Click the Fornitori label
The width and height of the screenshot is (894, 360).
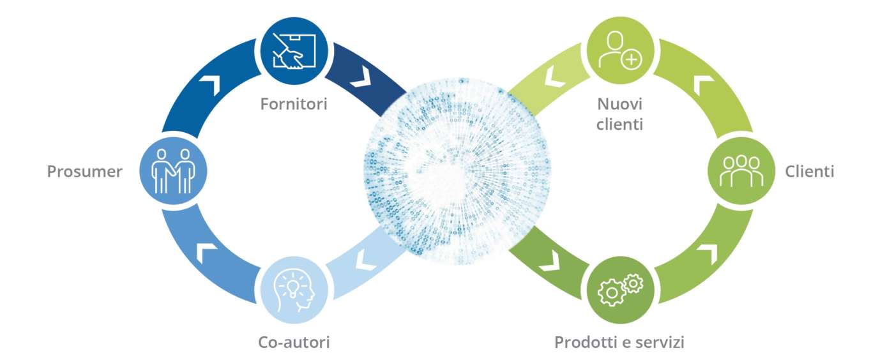[x=294, y=104]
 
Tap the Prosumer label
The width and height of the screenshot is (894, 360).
[x=84, y=172]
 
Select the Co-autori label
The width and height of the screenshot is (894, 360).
[x=294, y=343]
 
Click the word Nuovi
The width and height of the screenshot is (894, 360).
[x=619, y=104]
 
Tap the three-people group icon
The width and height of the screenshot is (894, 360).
[x=741, y=170]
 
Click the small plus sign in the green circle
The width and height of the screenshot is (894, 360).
[x=632, y=60]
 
